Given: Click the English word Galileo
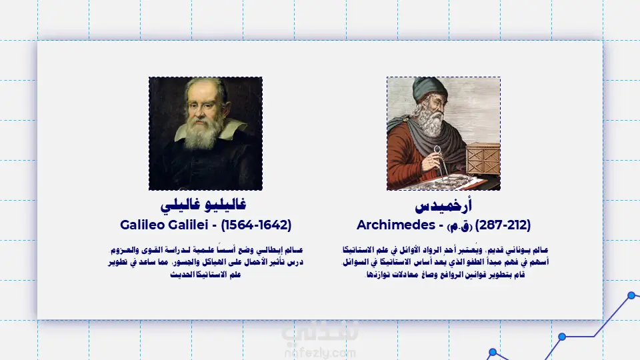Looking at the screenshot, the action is (142, 225).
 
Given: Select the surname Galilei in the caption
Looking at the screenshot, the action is (188, 225).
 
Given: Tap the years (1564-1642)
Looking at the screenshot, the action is (256, 225).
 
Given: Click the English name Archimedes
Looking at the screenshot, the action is (396, 225).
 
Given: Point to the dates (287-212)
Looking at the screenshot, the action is (503, 225).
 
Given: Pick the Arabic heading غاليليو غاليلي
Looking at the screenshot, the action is (203, 205).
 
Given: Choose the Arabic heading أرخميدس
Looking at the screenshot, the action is (443, 205).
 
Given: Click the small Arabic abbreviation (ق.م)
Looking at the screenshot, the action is (459, 227).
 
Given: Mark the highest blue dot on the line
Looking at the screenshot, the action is (631, 295).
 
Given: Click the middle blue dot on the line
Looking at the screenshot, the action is (562, 337).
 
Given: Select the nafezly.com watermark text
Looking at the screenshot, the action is (320, 353).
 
